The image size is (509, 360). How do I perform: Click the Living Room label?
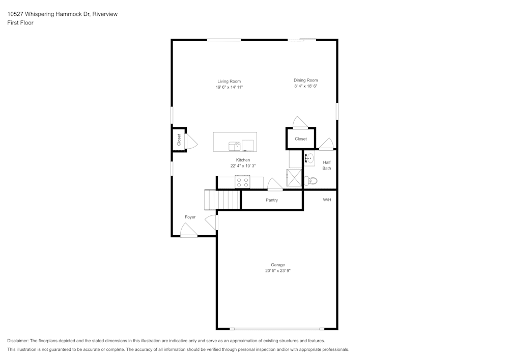[x=229, y=81]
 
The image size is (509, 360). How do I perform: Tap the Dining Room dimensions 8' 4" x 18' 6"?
[x=306, y=86]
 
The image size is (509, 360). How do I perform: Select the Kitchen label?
[x=243, y=160]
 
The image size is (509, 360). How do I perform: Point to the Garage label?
[x=278, y=265]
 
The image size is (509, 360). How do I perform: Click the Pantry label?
[x=272, y=200]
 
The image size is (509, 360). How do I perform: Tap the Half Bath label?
[x=327, y=165]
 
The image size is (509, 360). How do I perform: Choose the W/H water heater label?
[x=327, y=200]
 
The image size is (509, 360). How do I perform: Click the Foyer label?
[x=190, y=217]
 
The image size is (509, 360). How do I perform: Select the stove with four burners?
[x=242, y=181]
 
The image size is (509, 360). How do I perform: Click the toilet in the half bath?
[x=310, y=180]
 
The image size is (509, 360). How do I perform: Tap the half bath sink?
[x=309, y=159]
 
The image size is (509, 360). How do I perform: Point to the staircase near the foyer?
[x=222, y=200]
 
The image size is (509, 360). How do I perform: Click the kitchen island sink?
[x=234, y=146]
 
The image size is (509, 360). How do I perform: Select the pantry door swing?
[x=275, y=184]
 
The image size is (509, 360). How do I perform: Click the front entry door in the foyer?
[x=189, y=231]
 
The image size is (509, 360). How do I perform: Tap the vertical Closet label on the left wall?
[x=179, y=140]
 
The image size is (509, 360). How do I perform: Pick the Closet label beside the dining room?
[x=301, y=139]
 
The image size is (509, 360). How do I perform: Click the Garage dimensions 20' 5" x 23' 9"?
[x=278, y=270]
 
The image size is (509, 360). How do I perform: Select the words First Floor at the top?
[x=20, y=23]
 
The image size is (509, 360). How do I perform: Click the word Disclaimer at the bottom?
[x=17, y=341]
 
